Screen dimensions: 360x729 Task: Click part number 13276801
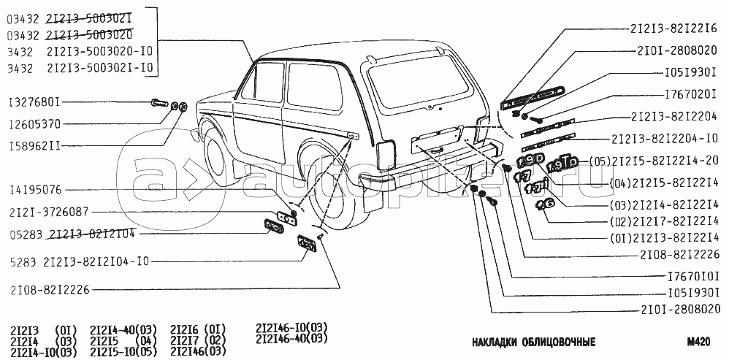click(x=36, y=103)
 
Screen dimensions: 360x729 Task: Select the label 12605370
click(x=36, y=123)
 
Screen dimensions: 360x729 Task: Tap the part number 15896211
click(x=36, y=145)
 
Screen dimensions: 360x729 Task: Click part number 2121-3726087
click(x=49, y=212)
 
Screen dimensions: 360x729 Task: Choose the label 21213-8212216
click(x=674, y=30)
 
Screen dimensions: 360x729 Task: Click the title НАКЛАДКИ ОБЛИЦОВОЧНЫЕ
click(x=534, y=342)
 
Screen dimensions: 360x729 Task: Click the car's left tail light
click(x=386, y=153)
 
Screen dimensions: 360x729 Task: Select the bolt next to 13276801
click(x=160, y=103)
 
